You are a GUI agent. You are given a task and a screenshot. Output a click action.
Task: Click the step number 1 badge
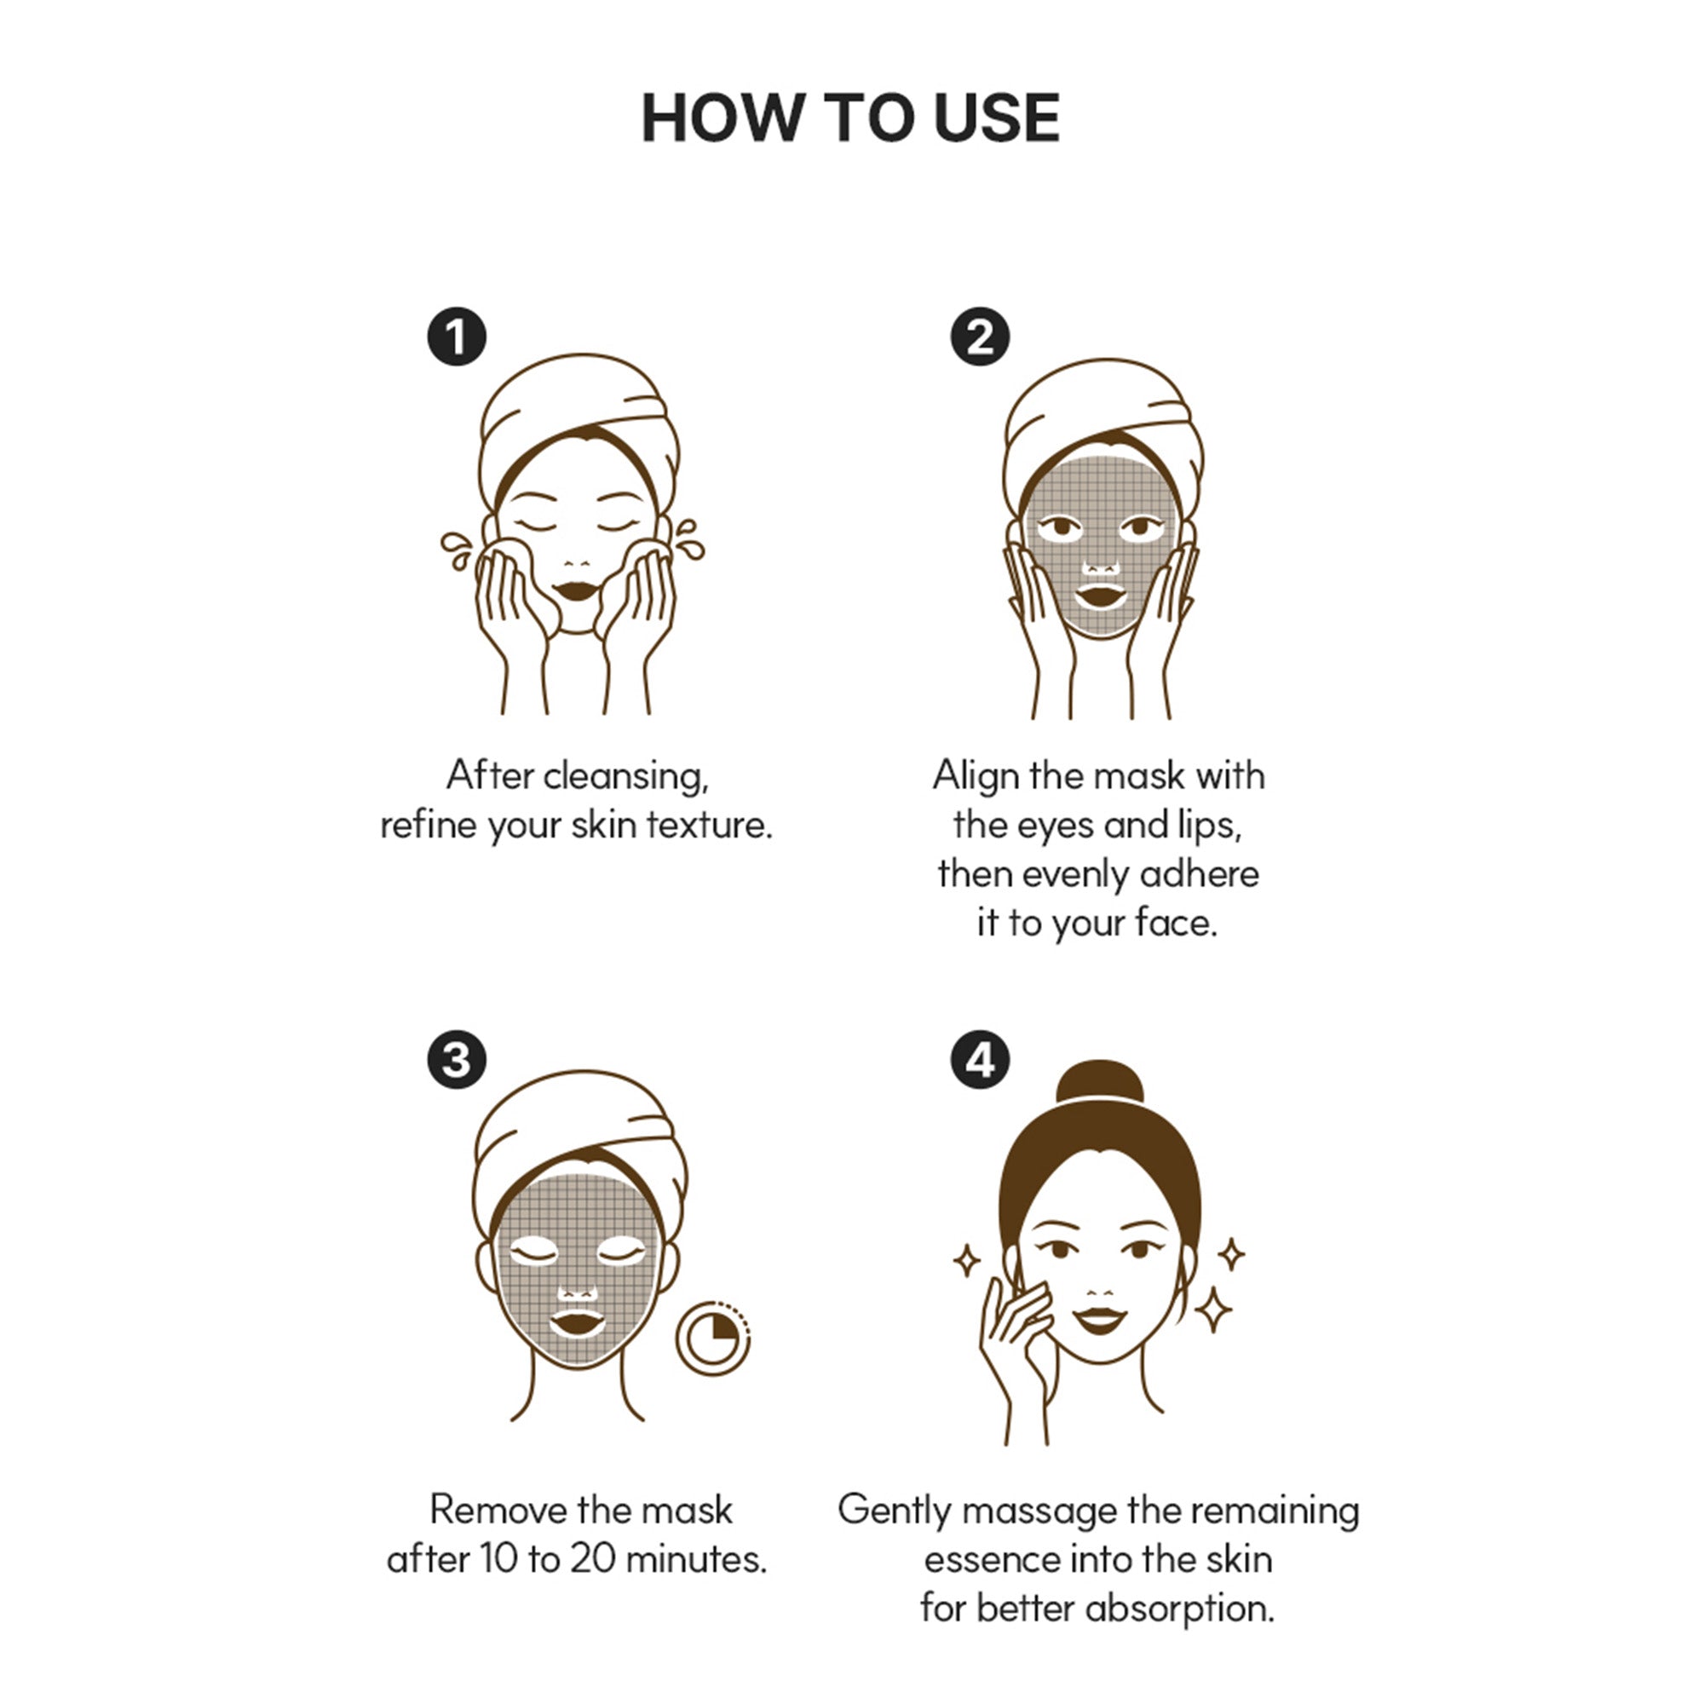(x=457, y=336)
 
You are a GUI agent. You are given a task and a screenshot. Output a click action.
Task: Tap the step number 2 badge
(x=980, y=336)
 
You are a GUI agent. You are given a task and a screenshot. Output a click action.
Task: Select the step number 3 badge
(x=457, y=1059)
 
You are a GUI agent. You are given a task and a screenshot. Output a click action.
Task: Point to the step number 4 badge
(x=980, y=1059)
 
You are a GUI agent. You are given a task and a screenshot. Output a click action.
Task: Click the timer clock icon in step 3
(x=712, y=1338)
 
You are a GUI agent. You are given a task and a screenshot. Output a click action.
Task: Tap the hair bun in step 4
(x=1099, y=1082)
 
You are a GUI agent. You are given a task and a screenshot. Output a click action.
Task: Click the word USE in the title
(x=997, y=118)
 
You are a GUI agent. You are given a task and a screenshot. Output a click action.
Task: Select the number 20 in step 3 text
(x=592, y=1559)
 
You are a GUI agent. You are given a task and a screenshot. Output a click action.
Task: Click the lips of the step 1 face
(x=577, y=590)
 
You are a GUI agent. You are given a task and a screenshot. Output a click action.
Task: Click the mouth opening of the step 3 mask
(x=578, y=1324)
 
